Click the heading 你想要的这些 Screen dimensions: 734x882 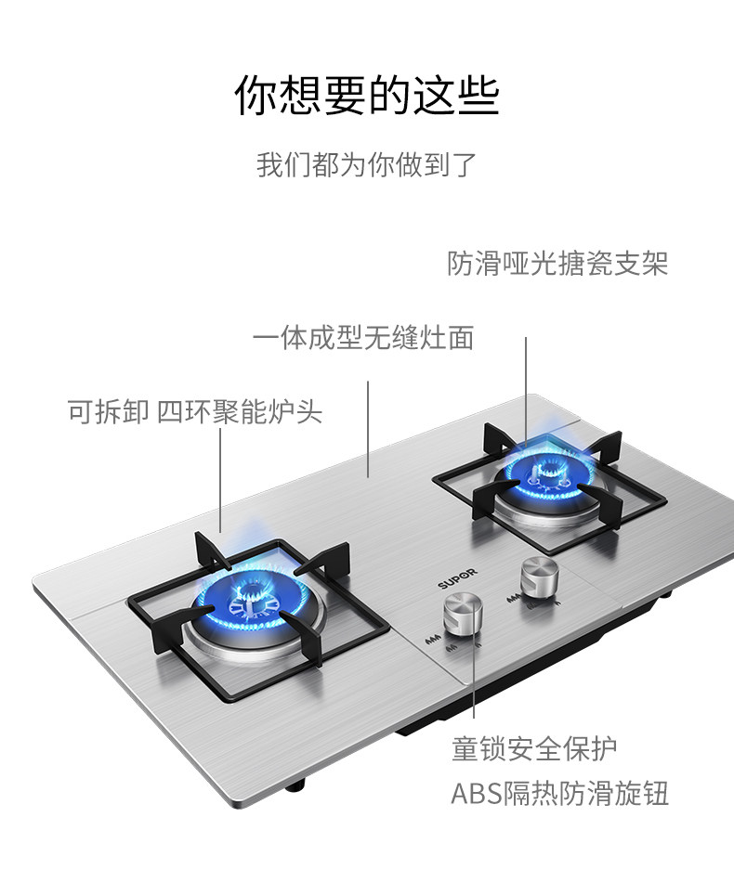tap(366, 97)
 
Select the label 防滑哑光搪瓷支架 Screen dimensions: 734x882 tap(557, 264)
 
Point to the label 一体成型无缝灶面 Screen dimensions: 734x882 tap(363, 337)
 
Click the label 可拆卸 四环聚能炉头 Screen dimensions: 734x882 tap(195, 411)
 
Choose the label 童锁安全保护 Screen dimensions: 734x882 tap(533, 748)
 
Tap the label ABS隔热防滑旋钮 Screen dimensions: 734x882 tap(559, 795)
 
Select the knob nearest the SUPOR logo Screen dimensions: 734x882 tap(461, 614)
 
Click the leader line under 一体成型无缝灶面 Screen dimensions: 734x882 tap(368, 427)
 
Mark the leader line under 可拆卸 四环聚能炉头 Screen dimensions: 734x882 tap(220, 483)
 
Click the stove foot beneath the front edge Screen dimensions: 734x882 tap(295, 786)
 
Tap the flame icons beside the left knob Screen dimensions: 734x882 tap(432, 640)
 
